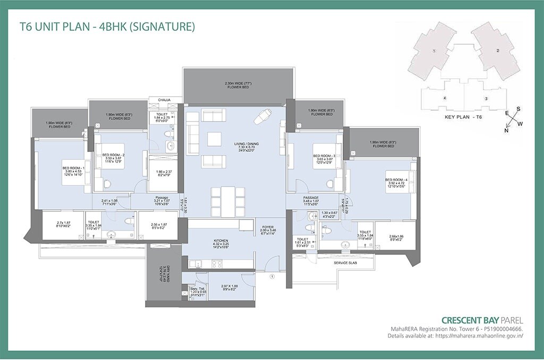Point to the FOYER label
tap(267, 227)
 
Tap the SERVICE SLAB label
tap(344, 263)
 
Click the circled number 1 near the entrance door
tap(273, 277)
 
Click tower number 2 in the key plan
tap(497, 51)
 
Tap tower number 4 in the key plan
tap(445, 98)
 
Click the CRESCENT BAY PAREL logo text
tap(482, 320)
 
